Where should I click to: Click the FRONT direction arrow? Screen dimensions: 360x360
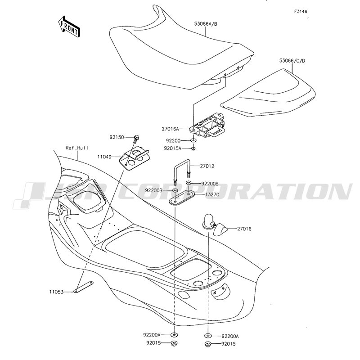[x=69, y=27]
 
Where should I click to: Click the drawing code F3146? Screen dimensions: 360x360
[x=301, y=12]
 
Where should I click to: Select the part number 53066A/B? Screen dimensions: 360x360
[x=206, y=24]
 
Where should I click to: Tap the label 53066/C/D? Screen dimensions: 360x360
[x=292, y=61]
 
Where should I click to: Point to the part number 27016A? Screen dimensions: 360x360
[x=170, y=129]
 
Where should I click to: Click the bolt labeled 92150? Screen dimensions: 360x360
[x=136, y=139]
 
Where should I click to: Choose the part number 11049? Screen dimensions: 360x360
[x=104, y=157]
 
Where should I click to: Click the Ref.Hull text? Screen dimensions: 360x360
[x=77, y=148]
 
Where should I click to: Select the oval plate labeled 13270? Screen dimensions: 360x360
[x=182, y=197]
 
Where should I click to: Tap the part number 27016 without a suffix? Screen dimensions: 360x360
[x=244, y=229]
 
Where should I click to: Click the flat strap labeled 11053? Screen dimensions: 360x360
[x=83, y=287]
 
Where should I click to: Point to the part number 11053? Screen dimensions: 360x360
[x=56, y=292]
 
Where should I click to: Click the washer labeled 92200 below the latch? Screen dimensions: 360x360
[x=193, y=140]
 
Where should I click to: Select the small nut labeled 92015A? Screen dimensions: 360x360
[x=193, y=148]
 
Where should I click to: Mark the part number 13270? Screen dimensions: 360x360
[x=212, y=194]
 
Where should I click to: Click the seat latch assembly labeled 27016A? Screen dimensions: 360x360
[x=207, y=126]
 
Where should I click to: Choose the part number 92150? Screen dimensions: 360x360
[x=117, y=137]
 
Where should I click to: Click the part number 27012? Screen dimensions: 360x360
[x=207, y=166]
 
